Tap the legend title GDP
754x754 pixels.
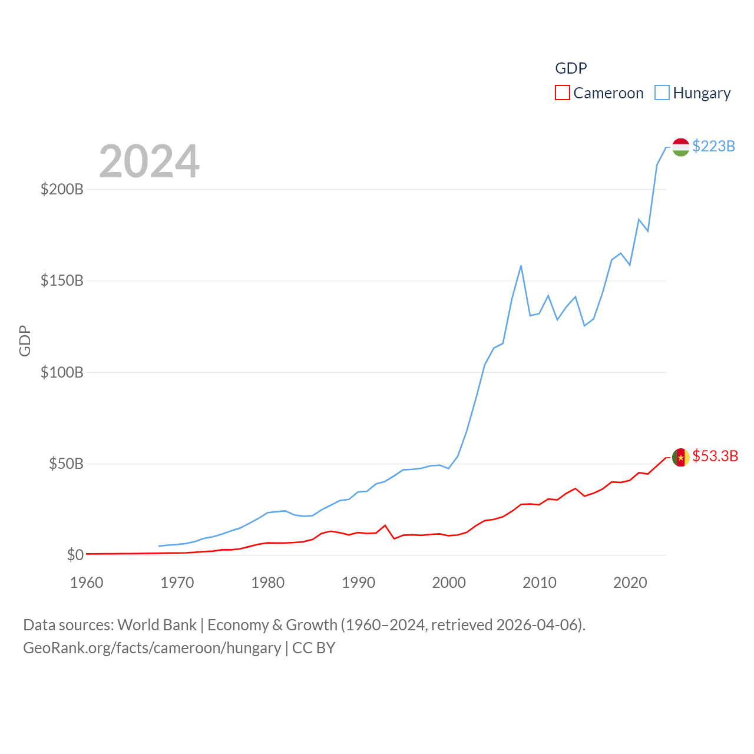pyautogui.click(x=571, y=68)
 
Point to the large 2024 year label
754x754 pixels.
pyautogui.click(x=149, y=161)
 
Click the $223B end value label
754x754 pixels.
pyautogui.click(x=713, y=146)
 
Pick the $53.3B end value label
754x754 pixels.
pyautogui.click(x=715, y=456)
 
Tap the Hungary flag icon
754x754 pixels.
pyautogui.click(x=680, y=147)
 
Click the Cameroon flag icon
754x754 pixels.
pyautogui.click(x=680, y=457)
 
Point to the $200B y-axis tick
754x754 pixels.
pyautogui.click(x=62, y=189)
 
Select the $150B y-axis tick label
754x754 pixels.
pyautogui.click(x=62, y=280)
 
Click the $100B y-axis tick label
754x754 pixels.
pyautogui.click(x=62, y=372)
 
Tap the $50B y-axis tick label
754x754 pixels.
pyautogui.click(x=66, y=464)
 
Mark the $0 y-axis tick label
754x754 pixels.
pyautogui.click(x=75, y=555)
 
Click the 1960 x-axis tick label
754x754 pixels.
pyautogui.click(x=87, y=583)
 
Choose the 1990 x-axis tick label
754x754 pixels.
pyautogui.click(x=358, y=583)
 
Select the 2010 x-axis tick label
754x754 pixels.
pyautogui.click(x=540, y=583)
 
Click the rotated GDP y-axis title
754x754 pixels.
pyautogui.click(x=25, y=340)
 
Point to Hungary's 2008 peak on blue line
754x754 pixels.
pyautogui.click(x=521, y=266)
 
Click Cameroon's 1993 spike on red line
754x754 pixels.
pyautogui.click(x=385, y=525)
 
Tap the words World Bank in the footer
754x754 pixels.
pyautogui.click(x=157, y=624)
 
